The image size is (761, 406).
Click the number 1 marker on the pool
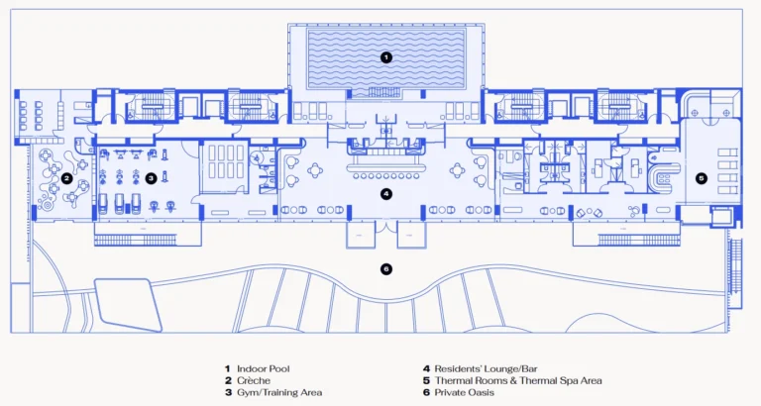pos(385,57)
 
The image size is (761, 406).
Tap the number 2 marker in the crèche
pos(67,178)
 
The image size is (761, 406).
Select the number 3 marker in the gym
pos(151,178)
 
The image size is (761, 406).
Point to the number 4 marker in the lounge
pos(385,194)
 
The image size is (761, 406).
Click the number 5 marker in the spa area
pos(701,178)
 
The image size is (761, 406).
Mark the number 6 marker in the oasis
pos(385,268)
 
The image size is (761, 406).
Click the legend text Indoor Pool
pos(263,368)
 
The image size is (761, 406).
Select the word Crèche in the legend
pos(254,381)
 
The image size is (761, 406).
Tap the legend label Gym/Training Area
pos(279,392)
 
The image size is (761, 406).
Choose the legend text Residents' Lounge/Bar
pos(486,368)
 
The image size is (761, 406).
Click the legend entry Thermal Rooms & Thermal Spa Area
pos(518,381)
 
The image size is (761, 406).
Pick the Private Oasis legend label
pos(464,392)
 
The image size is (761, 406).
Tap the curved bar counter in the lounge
pos(385,167)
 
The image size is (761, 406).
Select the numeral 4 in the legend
pos(426,368)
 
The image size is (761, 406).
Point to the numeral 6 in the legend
pos(426,392)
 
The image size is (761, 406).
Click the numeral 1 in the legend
pos(227,368)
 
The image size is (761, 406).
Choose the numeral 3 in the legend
pos(228,392)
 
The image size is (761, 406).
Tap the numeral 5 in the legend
pos(426,381)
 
